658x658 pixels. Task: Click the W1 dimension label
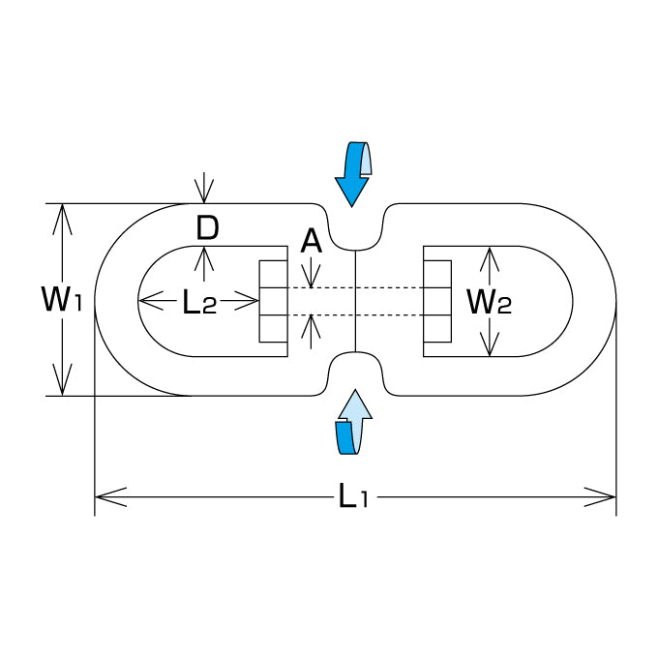pos(61,298)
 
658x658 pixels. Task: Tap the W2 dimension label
pos(490,302)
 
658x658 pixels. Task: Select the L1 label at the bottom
pos(353,495)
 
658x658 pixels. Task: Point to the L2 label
pos(199,302)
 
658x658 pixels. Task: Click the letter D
pos(207,228)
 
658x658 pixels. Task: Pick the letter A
pos(311,242)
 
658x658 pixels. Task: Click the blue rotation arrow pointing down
pos(353,174)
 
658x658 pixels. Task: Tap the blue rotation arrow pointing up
pos(354,422)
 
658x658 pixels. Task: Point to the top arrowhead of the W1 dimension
pos(62,219)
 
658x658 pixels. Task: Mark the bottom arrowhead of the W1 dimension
pos(62,379)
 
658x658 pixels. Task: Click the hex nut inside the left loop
pos(273,301)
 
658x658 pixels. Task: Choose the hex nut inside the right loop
pos(437,301)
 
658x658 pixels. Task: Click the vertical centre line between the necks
pos(355,301)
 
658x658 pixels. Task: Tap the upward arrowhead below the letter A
pos(311,326)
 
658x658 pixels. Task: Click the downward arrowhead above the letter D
pos(204,191)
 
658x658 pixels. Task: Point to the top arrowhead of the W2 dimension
pos(490,259)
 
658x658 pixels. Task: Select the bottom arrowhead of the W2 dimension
pos(490,344)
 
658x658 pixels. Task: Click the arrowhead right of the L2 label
pos(247,301)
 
